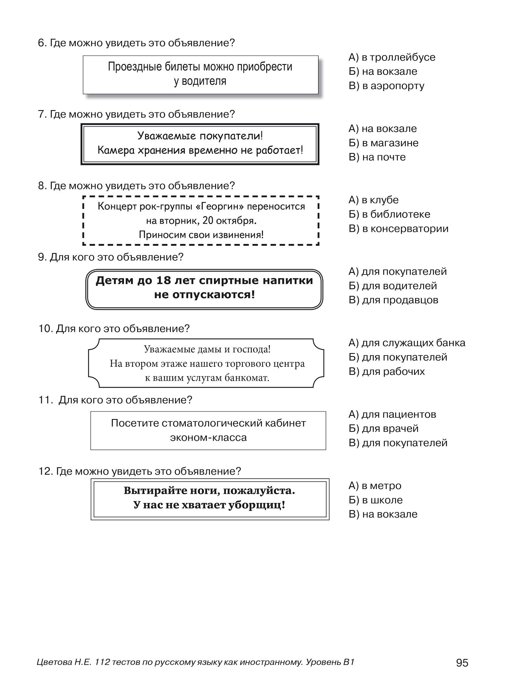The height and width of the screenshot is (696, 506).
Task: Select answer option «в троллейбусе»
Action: (x=392, y=57)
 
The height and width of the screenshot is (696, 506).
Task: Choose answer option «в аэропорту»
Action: (x=386, y=86)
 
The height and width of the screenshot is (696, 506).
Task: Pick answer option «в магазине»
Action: (x=383, y=143)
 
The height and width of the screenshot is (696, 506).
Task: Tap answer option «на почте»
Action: (x=377, y=157)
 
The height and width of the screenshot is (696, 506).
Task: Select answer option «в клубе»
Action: (x=374, y=200)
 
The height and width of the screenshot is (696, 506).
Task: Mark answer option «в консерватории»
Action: (x=398, y=228)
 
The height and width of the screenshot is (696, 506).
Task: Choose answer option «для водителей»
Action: (x=393, y=286)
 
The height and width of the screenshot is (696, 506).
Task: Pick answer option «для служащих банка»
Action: (x=407, y=343)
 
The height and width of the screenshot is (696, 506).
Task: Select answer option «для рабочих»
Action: (x=386, y=371)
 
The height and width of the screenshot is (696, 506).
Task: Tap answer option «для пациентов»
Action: (x=392, y=414)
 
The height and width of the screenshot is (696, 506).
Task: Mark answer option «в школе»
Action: (x=376, y=500)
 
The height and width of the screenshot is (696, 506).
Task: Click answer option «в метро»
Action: (x=375, y=486)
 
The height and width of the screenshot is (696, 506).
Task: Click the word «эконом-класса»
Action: (x=208, y=437)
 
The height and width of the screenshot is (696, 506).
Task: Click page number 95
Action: (x=462, y=663)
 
